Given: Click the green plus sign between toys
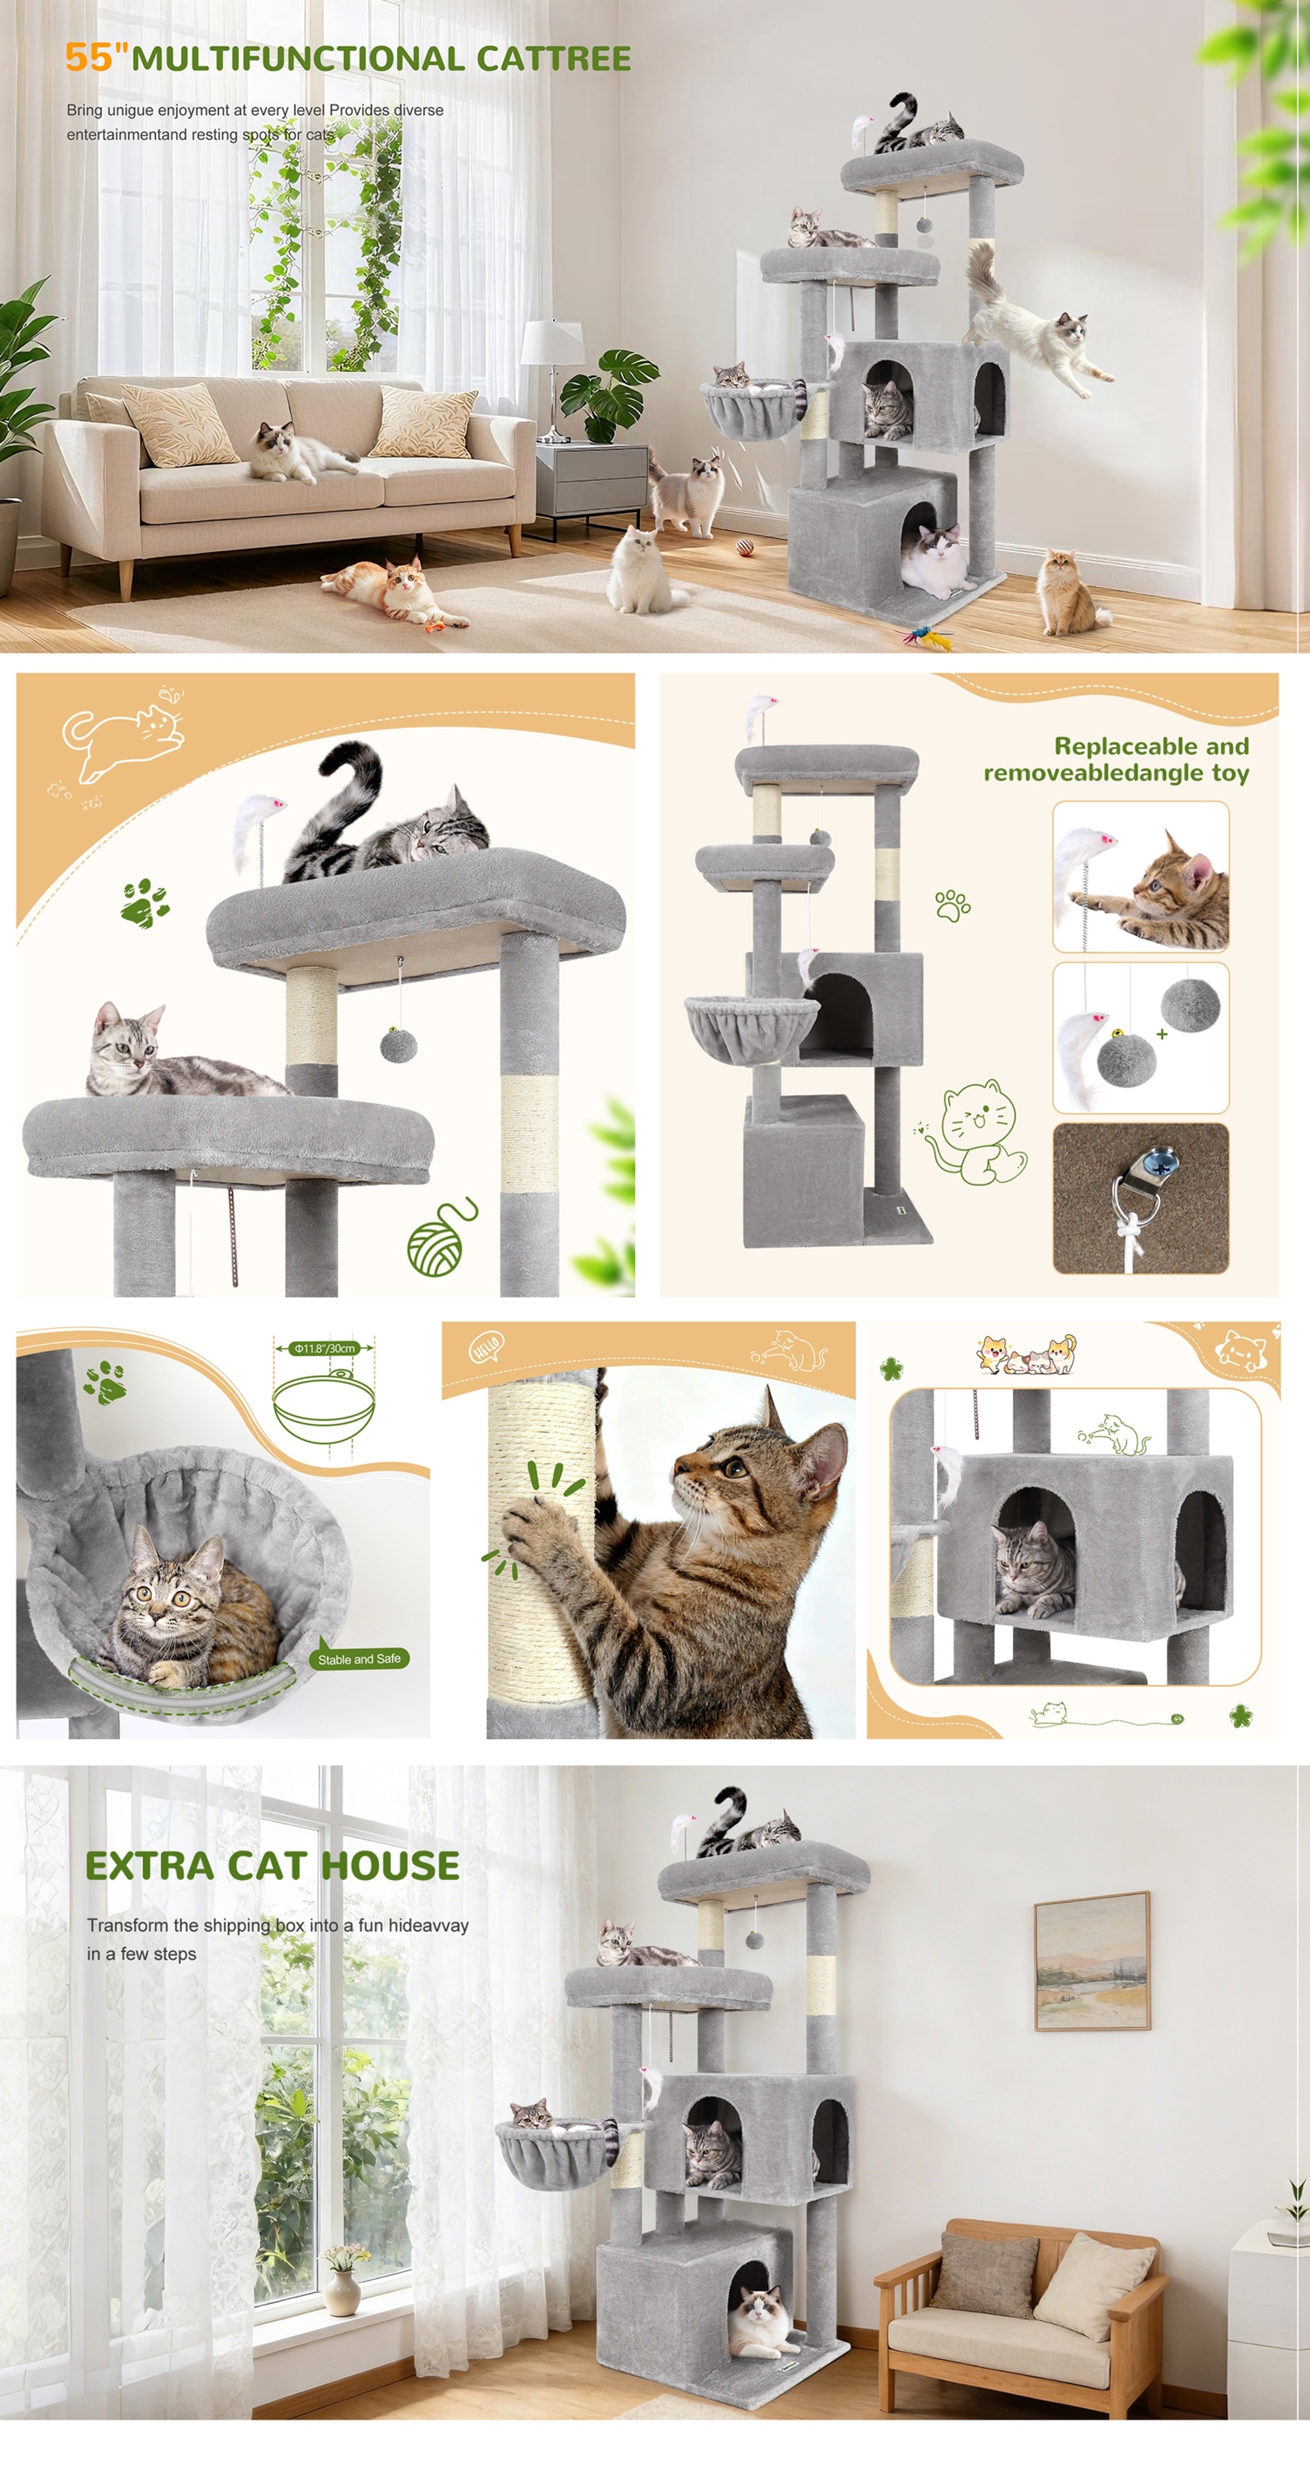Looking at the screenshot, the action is tap(1162, 1034).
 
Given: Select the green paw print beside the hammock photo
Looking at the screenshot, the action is tap(103, 1382).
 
